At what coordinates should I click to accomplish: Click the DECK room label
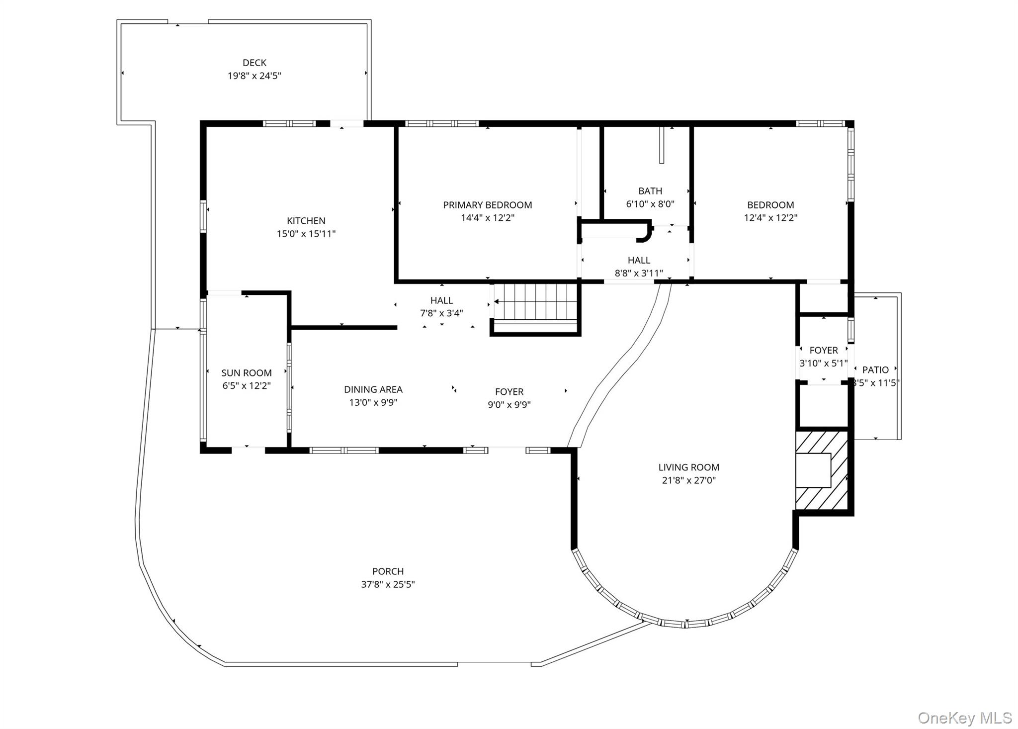pyautogui.click(x=254, y=63)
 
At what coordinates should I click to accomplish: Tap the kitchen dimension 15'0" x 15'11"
pyautogui.click(x=306, y=234)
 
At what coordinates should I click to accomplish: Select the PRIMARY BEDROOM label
pyautogui.click(x=487, y=205)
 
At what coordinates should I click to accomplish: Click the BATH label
pyautogui.click(x=650, y=191)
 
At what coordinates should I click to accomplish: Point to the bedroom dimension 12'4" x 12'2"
pyautogui.click(x=770, y=218)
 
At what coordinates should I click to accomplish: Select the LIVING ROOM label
pyautogui.click(x=688, y=467)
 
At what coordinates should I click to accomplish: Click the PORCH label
pyautogui.click(x=388, y=571)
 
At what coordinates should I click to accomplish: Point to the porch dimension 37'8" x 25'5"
pyautogui.click(x=388, y=584)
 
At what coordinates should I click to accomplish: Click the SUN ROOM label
pyautogui.click(x=246, y=373)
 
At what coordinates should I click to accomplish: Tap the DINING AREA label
pyautogui.click(x=373, y=389)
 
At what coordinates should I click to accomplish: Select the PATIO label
pyautogui.click(x=875, y=370)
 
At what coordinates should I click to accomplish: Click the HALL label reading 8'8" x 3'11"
pyautogui.click(x=639, y=267)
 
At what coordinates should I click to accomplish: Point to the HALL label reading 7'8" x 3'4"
pyautogui.click(x=441, y=306)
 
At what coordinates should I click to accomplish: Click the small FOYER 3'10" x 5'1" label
pyautogui.click(x=823, y=357)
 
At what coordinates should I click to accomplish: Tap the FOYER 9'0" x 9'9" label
pyautogui.click(x=509, y=398)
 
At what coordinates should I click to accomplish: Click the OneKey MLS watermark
pyautogui.click(x=964, y=718)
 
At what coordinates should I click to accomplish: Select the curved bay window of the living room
pyautogui.click(x=686, y=624)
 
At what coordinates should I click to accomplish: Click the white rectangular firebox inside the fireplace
pyautogui.click(x=813, y=470)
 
